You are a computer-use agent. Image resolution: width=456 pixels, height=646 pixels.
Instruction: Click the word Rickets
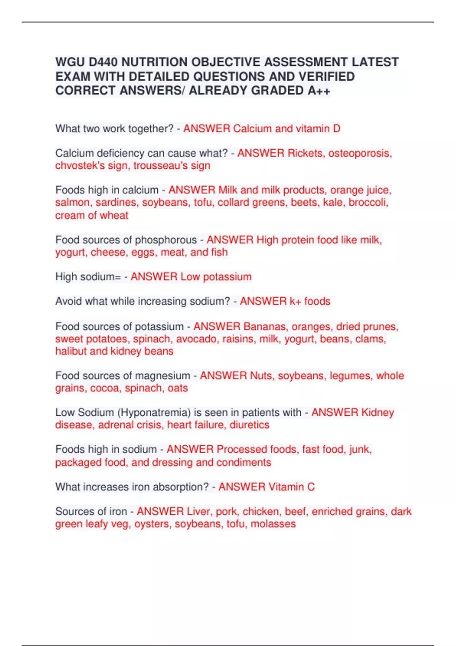point(305,153)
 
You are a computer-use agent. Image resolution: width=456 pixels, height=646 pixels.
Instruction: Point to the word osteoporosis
point(360,153)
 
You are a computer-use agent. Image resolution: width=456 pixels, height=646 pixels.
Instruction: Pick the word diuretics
point(249,425)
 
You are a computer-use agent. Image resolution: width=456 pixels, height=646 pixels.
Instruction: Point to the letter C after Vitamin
point(311,487)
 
